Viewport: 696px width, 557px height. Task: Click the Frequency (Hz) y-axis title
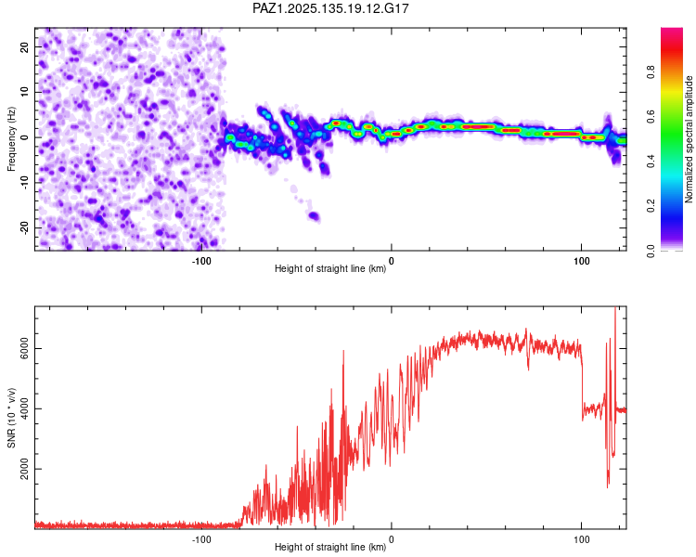(11, 138)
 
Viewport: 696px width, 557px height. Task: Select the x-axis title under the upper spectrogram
(330, 269)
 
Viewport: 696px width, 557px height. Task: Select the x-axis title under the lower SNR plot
(330, 548)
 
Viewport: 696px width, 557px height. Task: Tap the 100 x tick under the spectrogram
(581, 259)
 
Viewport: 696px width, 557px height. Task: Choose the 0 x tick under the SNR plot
(392, 538)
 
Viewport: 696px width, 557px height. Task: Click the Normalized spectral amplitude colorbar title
(690, 139)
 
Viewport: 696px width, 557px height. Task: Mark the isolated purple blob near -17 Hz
(314, 216)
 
